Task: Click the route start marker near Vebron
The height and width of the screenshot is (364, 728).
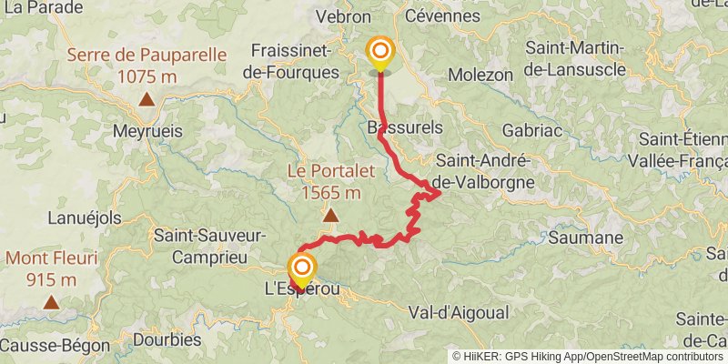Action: click(379, 53)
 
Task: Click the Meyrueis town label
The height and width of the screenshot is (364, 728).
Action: click(147, 131)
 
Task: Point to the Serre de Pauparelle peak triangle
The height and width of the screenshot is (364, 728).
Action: click(147, 103)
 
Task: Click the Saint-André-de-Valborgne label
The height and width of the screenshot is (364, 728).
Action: click(483, 170)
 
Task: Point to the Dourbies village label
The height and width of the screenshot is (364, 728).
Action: click(167, 339)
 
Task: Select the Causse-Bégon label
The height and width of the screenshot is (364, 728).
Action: click(55, 346)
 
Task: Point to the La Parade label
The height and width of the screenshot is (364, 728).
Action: click(34, 7)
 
